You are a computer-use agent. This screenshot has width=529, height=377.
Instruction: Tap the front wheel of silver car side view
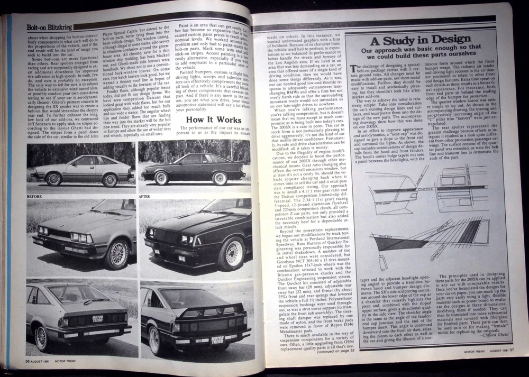pos(53,179)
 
